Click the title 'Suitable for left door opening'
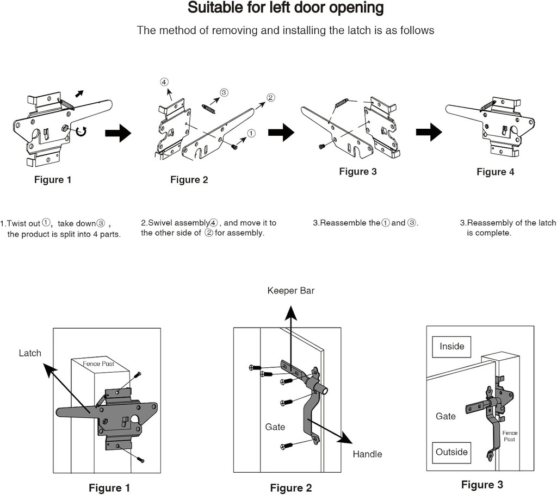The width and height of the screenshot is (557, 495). coord(286,9)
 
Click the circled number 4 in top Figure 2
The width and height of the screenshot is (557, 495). coord(164,82)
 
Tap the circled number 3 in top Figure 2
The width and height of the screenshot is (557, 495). coord(224,93)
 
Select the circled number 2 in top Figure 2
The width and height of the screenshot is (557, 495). coord(270,98)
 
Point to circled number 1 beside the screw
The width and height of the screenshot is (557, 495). coord(251,133)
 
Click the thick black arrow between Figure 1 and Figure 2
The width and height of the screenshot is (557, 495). coord(117,132)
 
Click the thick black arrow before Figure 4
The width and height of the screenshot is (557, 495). coord(429,131)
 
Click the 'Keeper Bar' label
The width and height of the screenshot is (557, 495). coord(290,291)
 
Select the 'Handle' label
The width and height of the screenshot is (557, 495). coord(367,454)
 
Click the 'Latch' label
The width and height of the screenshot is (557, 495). coord(30,353)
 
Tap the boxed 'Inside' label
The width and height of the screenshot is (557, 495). coord(451,347)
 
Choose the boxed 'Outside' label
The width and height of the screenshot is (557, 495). coord(451,452)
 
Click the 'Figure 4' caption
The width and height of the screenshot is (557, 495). coord(495,172)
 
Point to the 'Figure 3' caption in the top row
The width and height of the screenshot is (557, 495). coord(357,171)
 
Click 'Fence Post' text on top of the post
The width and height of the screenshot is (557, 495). coord(98,364)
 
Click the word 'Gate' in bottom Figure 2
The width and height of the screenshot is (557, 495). coord(275,427)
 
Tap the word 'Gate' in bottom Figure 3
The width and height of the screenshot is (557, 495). coord(445,416)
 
